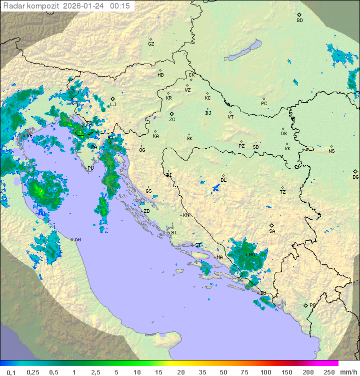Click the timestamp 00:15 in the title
click(x=120, y=6)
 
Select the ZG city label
click(x=172, y=120)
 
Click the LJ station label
click(x=113, y=104)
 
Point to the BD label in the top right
click(x=299, y=21)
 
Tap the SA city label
click(x=272, y=231)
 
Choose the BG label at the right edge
click(x=355, y=177)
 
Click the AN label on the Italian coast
click(x=77, y=240)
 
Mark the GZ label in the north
click(x=151, y=44)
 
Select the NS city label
click(x=331, y=151)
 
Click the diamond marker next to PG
click(x=305, y=305)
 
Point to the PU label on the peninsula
click(x=90, y=168)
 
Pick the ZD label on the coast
click(x=146, y=211)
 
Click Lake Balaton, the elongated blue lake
click(x=242, y=51)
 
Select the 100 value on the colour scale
click(x=265, y=372)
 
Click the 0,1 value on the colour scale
click(x=11, y=372)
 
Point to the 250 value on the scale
click(x=328, y=372)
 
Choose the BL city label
click(x=223, y=180)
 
